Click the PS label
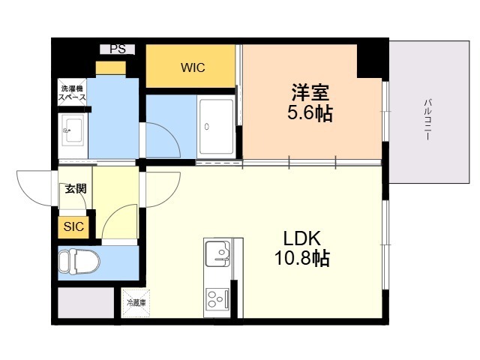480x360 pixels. (118, 49)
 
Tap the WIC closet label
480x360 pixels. (193, 67)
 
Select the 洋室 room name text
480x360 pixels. (310, 92)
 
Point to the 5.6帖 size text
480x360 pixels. (310, 113)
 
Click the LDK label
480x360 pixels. (302, 238)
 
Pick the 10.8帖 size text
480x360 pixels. (302, 258)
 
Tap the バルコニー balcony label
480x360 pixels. (427, 119)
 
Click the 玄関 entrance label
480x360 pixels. (76, 188)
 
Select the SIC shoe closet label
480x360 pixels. (73, 226)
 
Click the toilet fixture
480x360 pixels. (79, 262)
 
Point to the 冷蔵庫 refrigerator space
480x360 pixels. (136, 303)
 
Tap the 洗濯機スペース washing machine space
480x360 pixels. (72, 92)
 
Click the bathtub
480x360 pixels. (216, 127)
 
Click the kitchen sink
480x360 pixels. (217, 253)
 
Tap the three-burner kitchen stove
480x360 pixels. (217, 298)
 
